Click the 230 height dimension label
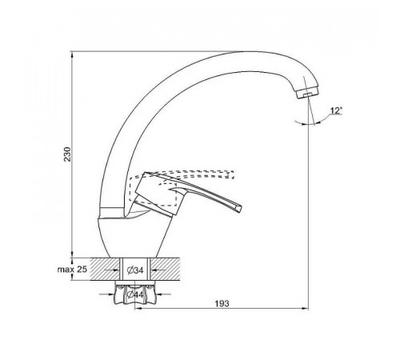68,154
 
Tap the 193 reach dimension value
222,303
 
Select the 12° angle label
336,110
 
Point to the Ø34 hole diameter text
135,270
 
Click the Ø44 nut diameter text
135,294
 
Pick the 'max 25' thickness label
72,270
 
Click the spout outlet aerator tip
307,94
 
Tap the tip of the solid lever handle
239,208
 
